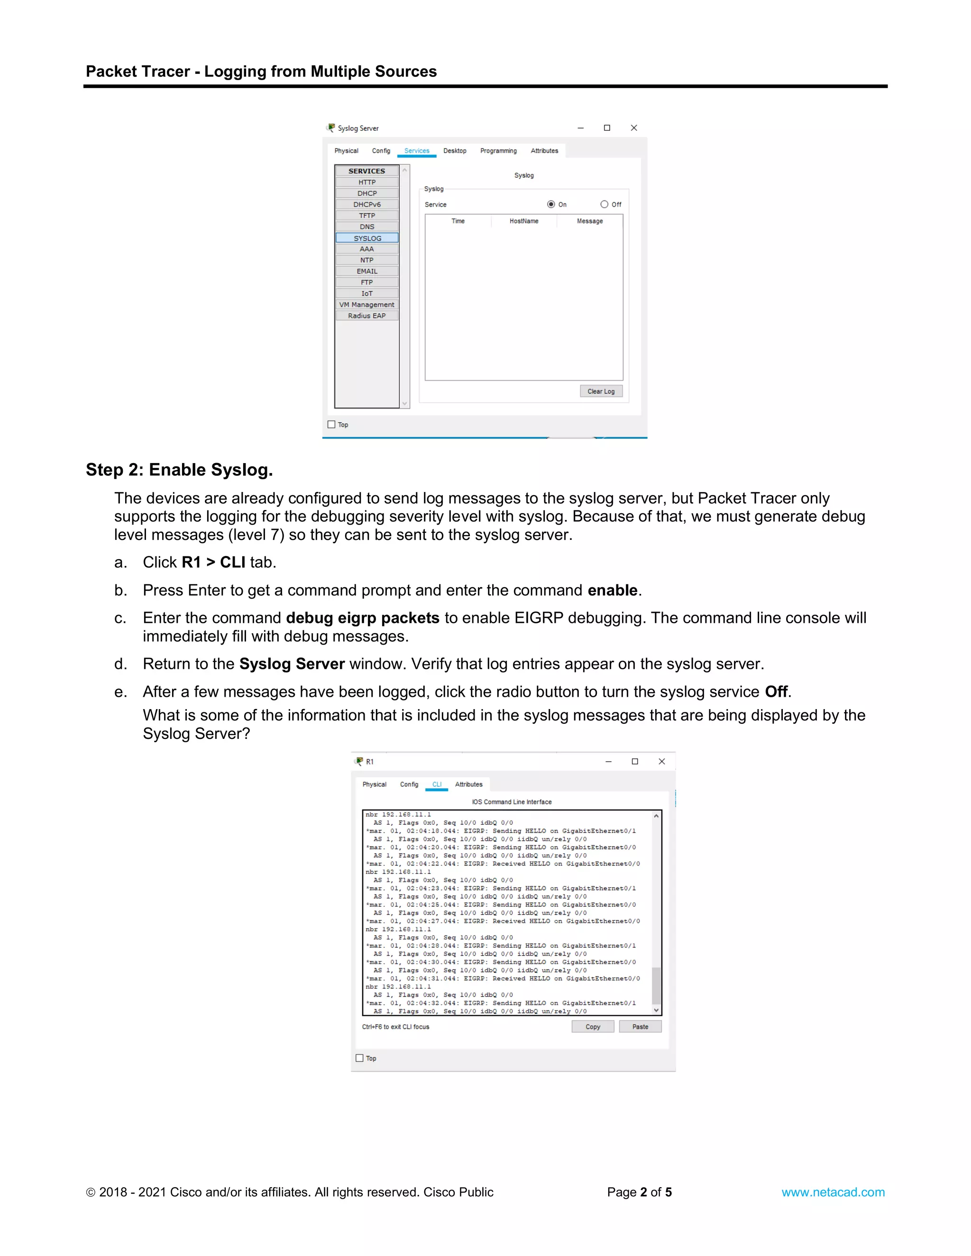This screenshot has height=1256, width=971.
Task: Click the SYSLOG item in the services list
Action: (x=367, y=238)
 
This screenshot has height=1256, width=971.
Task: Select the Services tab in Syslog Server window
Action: (x=416, y=151)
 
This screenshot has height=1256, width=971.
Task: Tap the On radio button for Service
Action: (x=551, y=204)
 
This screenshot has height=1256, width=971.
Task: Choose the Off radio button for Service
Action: (x=604, y=204)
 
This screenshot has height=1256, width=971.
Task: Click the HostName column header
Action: (x=523, y=221)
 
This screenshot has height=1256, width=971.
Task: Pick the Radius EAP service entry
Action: (x=367, y=316)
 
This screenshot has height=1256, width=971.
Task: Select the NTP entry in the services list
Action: (x=367, y=260)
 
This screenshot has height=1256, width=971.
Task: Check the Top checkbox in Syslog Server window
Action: (x=331, y=424)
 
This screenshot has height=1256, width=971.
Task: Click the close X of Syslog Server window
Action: (x=634, y=127)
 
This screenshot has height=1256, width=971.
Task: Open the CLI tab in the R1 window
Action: (x=437, y=784)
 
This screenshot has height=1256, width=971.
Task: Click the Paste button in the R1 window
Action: (x=640, y=1027)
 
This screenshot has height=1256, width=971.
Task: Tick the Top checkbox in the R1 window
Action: (x=359, y=1058)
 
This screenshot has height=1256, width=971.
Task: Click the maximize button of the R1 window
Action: (x=635, y=762)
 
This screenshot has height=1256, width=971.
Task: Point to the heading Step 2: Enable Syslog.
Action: (x=179, y=470)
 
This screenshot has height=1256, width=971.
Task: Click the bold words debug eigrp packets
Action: (x=362, y=618)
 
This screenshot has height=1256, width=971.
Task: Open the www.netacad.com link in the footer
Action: (x=833, y=1192)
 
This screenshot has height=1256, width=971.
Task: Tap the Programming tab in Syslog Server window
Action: (x=498, y=151)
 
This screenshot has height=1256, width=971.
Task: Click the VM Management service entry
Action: (x=367, y=305)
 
